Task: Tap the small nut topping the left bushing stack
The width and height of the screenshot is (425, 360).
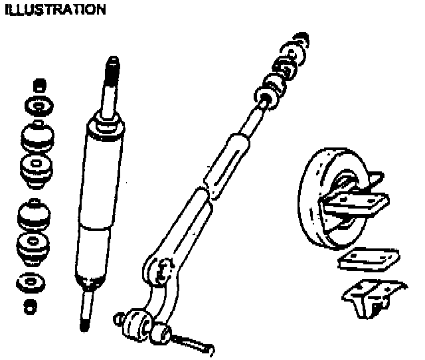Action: coord(39,84)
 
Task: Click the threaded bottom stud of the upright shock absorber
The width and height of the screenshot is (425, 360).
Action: coord(84,312)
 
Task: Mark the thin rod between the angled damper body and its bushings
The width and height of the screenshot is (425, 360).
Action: coord(250,119)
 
